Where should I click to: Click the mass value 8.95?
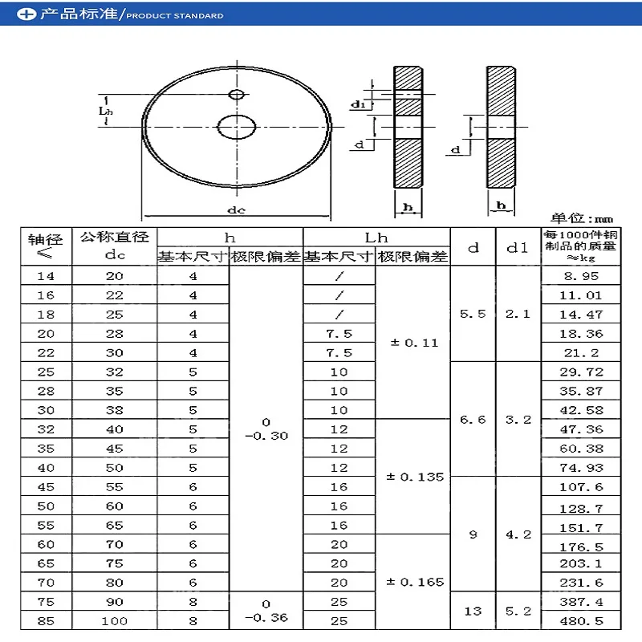click(x=581, y=276)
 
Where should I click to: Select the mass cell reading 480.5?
click(x=581, y=621)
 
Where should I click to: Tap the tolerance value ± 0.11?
click(x=414, y=343)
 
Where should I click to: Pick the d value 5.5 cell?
click(x=473, y=314)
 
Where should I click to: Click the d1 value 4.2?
click(x=518, y=534)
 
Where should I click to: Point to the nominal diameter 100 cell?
click(x=114, y=621)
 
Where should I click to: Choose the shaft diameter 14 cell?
click(x=46, y=276)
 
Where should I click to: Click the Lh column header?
click(x=376, y=238)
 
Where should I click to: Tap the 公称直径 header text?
click(x=114, y=237)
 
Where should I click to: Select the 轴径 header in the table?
click(x=45, y=239)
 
